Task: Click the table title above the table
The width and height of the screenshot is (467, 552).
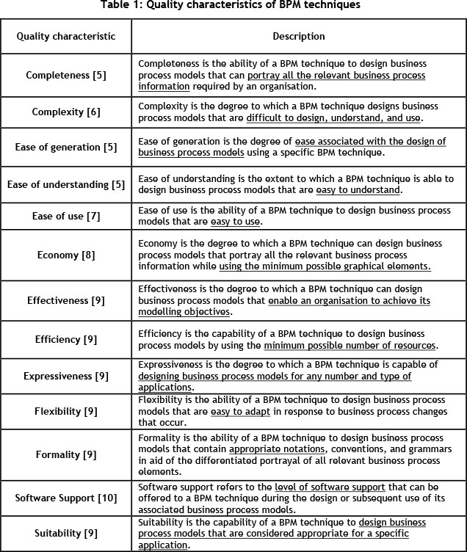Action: click(x=233, y=7)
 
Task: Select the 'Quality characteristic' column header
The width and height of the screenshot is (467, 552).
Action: click(x=66, y=36)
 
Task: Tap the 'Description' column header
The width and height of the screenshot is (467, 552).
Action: click(x=299, y=36)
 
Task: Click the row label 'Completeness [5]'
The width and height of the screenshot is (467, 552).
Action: click(x=66, y=76)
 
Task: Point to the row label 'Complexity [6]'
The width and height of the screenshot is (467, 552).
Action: click(x=66, y=112)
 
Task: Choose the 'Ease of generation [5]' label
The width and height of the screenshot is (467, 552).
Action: click(x=66, y=147)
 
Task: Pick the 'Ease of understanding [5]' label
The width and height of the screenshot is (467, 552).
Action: click(x=66, y=184)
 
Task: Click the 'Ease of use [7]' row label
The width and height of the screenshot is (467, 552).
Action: click(x=66, y=217)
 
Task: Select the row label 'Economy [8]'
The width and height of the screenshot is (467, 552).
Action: click(x=66, y=255)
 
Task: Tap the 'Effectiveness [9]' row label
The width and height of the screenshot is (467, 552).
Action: click(x=66, y=300)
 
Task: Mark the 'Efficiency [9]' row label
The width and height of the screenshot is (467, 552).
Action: click(x=66, y=339)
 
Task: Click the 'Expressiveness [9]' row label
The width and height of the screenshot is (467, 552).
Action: click(x=66, y=377)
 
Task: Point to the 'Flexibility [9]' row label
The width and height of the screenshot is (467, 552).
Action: click(x=66, y=411)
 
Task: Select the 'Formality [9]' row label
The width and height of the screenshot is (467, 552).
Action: click(x=66, y=455)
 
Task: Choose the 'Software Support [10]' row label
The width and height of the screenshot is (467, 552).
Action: click(x=66, y=498)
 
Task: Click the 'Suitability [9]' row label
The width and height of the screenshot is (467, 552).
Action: click(x=66, y=534)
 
